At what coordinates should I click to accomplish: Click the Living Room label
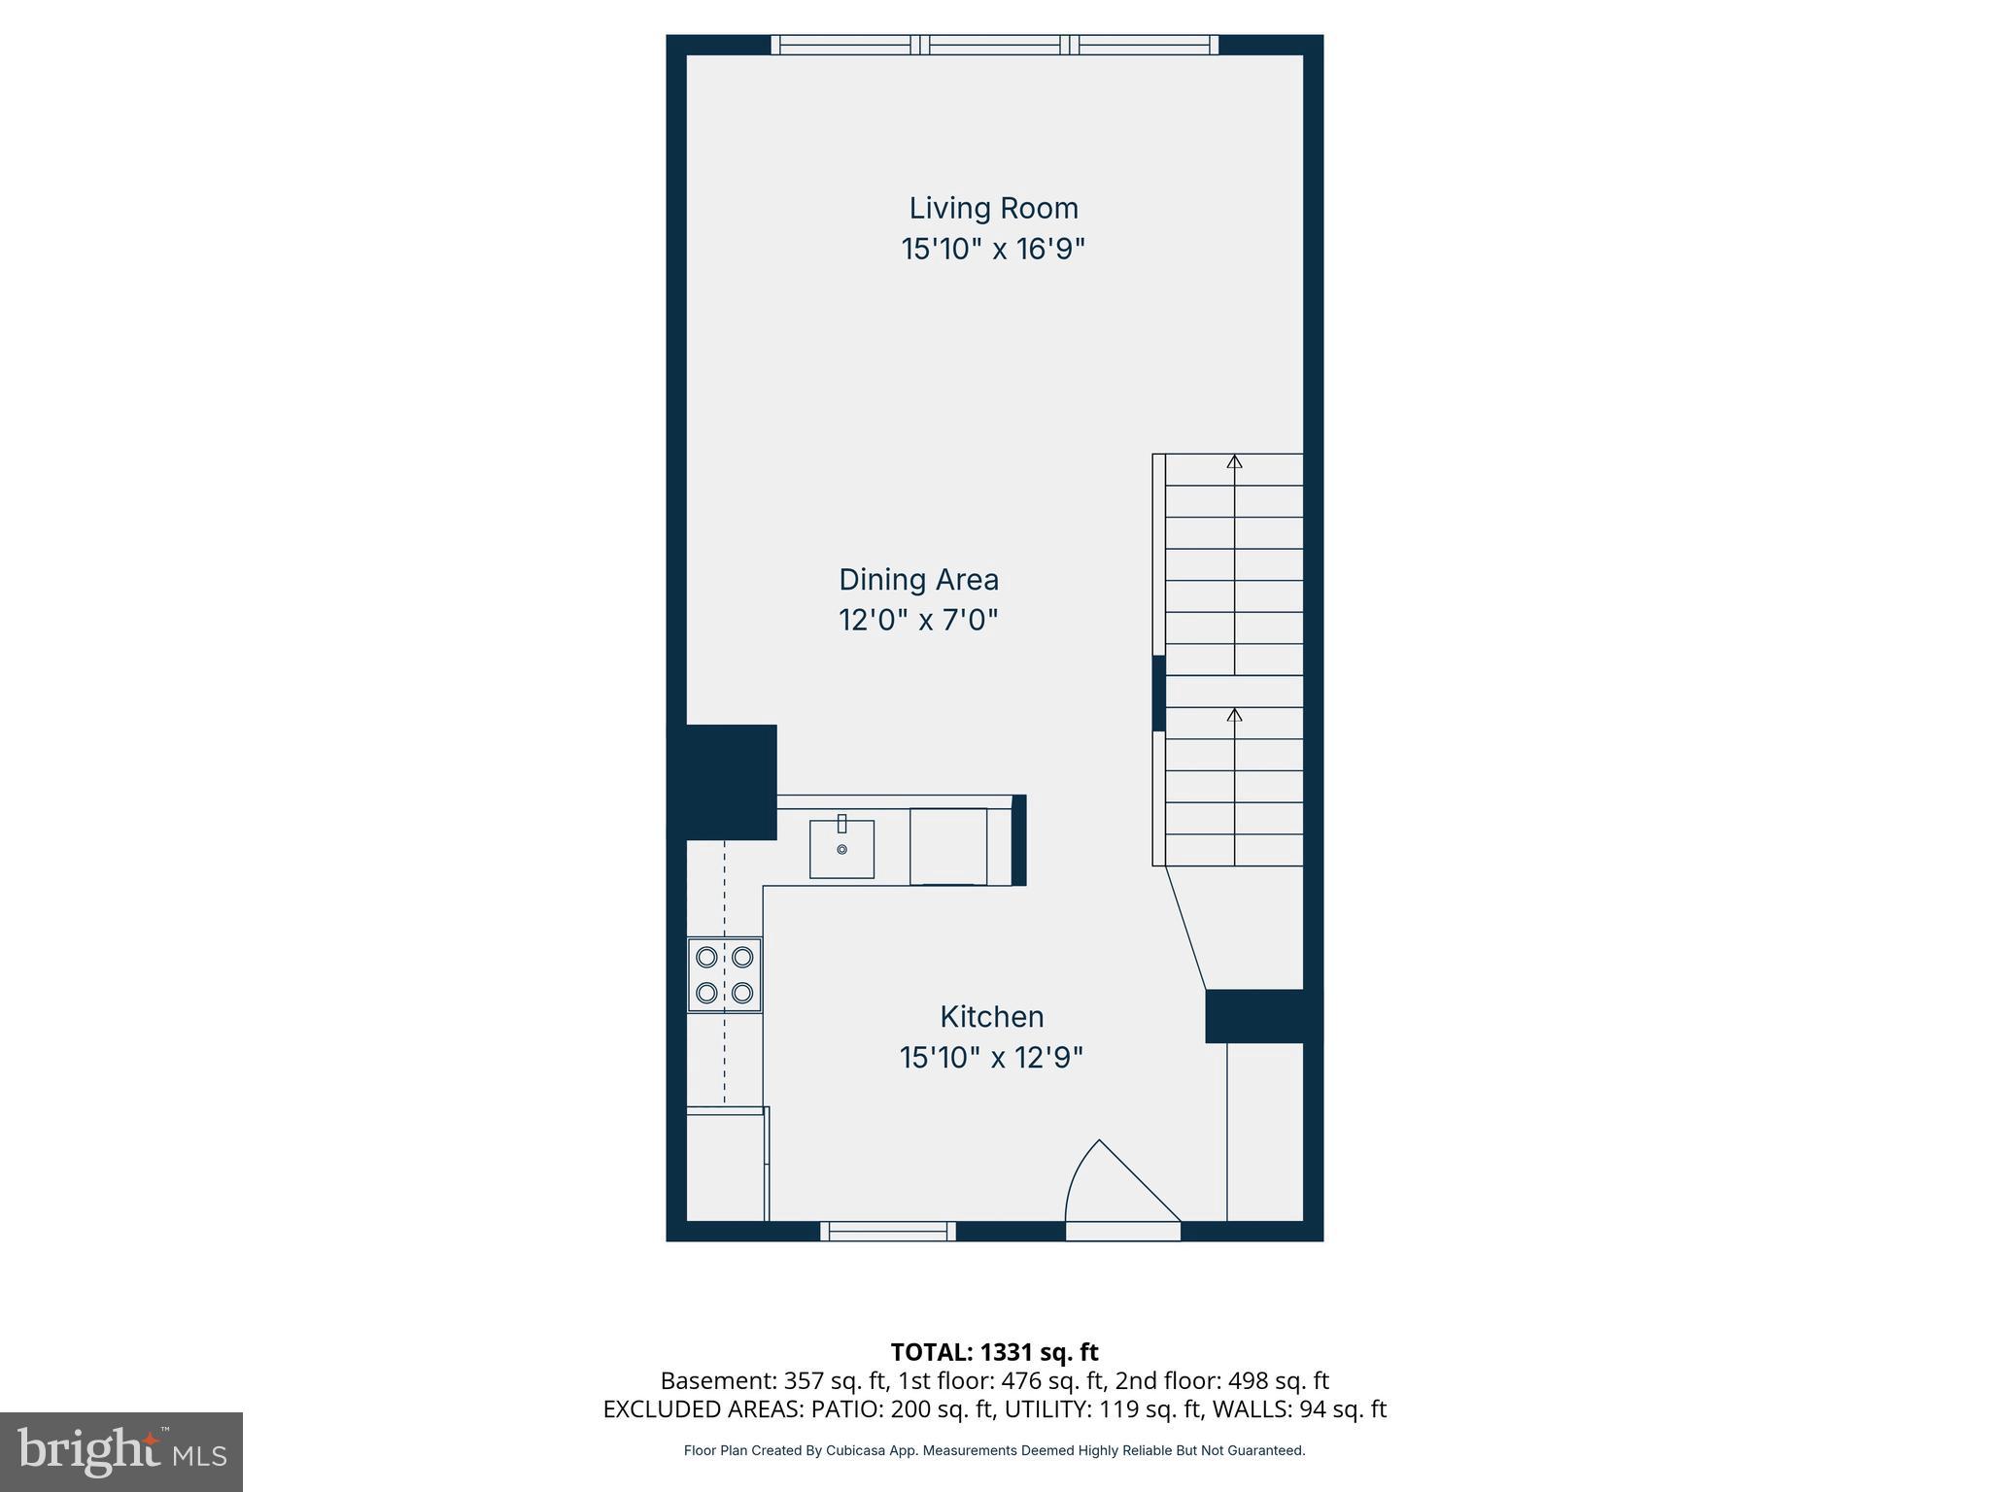(993, 208)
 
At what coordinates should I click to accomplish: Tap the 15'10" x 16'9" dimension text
(993, 250)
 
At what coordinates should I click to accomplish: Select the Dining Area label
(918, 580)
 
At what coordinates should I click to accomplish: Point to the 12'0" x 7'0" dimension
(918, 620)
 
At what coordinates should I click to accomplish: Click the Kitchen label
(991, 1017)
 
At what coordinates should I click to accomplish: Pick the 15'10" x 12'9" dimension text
(991, 1058)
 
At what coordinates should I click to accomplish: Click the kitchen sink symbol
(841, 848)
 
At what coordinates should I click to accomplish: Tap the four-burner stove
(724, 974)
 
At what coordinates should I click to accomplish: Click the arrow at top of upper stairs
(1234, 462)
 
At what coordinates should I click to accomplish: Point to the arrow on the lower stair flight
(1234, 716)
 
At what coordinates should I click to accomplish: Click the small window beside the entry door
(887, 1231)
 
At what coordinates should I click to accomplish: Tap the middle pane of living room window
(994, 45)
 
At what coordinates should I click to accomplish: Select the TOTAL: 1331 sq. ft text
(994, 1352)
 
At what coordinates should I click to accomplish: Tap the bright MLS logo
(121, 1451)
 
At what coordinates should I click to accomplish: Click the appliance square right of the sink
(947, 846)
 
